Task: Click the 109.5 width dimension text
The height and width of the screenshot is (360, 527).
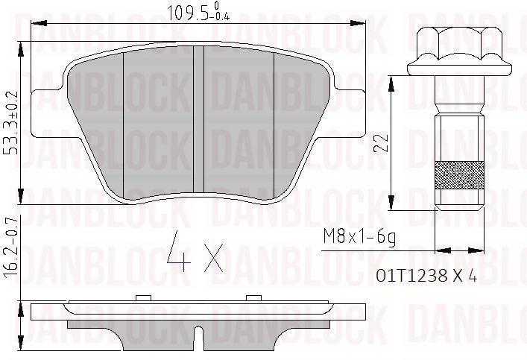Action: [183, 11]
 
